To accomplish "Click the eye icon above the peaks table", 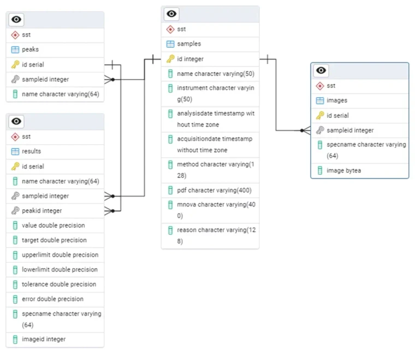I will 17,20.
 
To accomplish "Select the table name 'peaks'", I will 30,50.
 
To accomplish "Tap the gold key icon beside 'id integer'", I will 170,59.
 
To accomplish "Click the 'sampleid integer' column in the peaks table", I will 45,79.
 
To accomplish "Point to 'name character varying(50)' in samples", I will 216,74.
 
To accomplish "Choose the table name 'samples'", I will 189,44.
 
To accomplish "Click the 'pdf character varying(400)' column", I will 214,191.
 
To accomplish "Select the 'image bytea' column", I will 343,170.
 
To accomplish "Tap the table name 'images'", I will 337,101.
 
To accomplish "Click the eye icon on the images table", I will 322,70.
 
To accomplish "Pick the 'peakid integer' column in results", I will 41,210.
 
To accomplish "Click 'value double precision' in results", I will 53,225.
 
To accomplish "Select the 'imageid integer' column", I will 44,339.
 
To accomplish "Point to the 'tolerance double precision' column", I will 59,284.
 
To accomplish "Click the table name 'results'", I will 31,151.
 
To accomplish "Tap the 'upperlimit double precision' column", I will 60,255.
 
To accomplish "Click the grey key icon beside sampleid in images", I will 320,131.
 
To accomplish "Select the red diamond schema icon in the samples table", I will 170,29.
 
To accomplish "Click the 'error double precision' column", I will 53,299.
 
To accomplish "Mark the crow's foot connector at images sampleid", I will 305,131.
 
